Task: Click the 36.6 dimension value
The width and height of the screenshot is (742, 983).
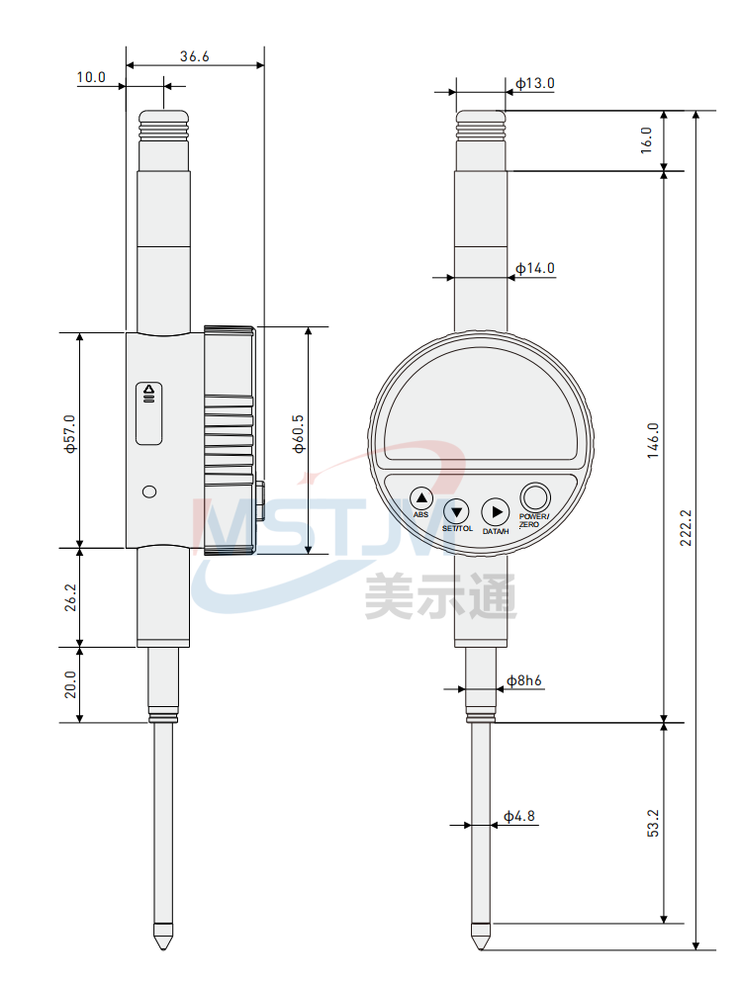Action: (x=195, y=56)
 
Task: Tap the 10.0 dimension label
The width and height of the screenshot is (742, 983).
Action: (x=91, y=77)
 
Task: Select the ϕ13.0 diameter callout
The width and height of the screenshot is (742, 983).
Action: (x=535, y=83)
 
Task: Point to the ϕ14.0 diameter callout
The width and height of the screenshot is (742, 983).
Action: (x=535, y=268)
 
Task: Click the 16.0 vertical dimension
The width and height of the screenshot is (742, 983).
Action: (x=646, y=139)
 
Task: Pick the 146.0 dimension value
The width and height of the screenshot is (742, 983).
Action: (x=653, y=440)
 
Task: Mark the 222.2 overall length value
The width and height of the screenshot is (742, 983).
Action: (x=686, y=527)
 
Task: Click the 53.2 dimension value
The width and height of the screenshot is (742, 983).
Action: (x=653, y=823)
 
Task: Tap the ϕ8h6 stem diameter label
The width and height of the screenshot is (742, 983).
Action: (x=523, y=680)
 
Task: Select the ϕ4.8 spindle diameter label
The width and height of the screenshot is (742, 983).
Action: (x=519, y=816)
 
